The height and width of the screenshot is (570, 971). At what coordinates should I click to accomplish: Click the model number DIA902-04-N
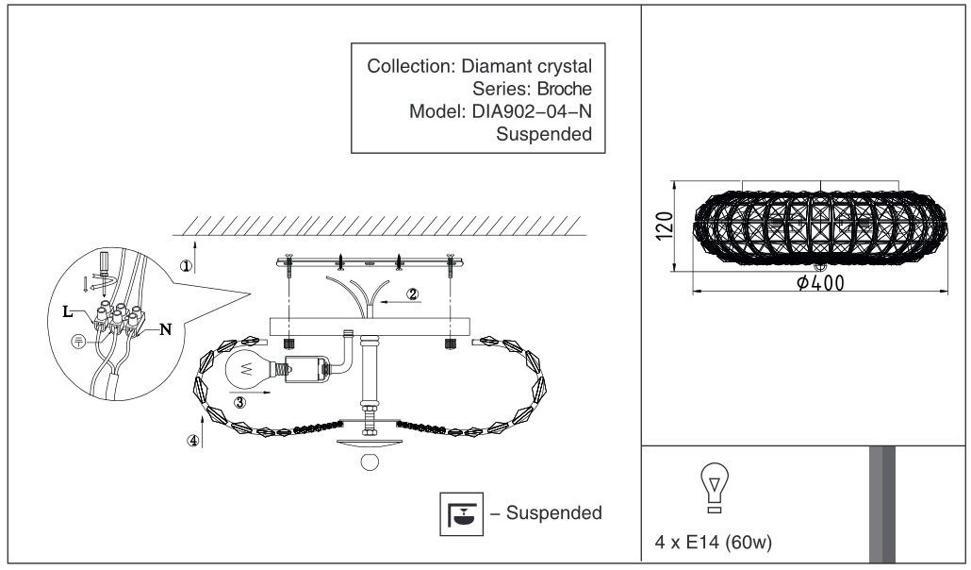tap(532, 111)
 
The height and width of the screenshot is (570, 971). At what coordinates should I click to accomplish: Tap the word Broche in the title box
tap(564, 89)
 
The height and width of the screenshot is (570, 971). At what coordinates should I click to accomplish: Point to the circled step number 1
tap(187, 266)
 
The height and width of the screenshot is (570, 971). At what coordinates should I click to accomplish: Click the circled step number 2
tap(412, 294)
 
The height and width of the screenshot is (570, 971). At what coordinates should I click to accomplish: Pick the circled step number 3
tap(239, 403)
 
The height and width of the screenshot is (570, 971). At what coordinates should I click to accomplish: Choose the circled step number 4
tap(194, 441)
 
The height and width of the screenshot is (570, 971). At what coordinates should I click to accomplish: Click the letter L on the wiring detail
tap(68, 311)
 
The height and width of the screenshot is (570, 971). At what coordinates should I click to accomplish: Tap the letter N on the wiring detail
tap(165, 329)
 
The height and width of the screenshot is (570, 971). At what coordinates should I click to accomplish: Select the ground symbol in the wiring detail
tap(78, 341)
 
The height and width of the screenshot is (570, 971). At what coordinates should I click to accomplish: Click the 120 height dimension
tap(664, 226)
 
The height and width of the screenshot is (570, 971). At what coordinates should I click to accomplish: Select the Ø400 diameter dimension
tap(820, 283)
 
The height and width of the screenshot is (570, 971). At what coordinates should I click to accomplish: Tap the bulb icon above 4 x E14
tap(714, 488)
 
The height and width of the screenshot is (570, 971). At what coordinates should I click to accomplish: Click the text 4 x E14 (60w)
tap(714, 542)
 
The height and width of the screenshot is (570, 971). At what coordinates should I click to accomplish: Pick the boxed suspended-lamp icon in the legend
tap(461, 513)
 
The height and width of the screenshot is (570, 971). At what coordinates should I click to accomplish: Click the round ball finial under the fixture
tap(370, 462)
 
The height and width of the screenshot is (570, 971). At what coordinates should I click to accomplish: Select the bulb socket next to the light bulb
tap(307, 370)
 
